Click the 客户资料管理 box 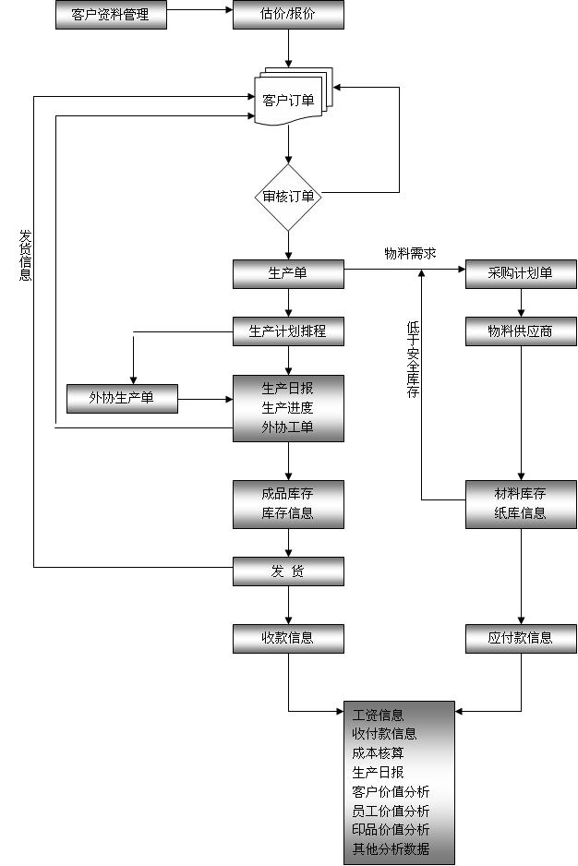coord(111,15)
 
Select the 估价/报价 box coord(288,15)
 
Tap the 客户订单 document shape coord(289,100)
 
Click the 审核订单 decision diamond coord(288,197)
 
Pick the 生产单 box coord(288,273)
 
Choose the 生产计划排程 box coord(288,331)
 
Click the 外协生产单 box coord(122,399)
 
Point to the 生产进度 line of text coord(288,407)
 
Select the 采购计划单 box coord(521,273)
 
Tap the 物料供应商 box coord(521,331)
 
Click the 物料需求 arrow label coord(410,253)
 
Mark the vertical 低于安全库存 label coord(413,359)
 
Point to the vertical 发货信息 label coord(26,255)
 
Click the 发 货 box coord(288,571)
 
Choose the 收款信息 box coord(288,637)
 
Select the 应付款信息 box coord(521,637)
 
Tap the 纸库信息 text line coord(521,513)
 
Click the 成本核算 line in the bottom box coord(379,752)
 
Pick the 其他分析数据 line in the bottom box coord(391,849)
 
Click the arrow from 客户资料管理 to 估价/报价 coord(199,11)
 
